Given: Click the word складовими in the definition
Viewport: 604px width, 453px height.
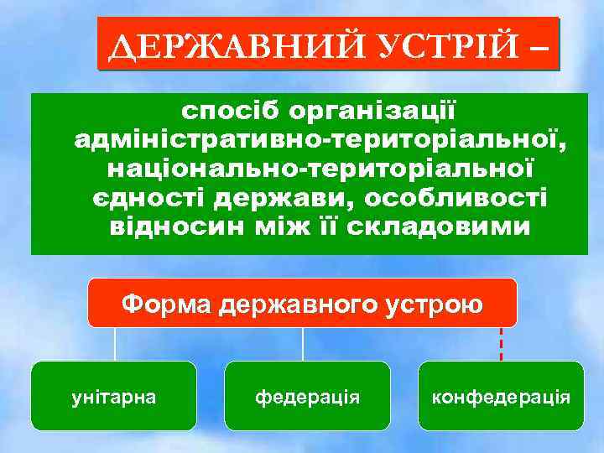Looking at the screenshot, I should (453, 227).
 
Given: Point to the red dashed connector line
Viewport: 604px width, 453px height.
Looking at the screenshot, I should (501, 344).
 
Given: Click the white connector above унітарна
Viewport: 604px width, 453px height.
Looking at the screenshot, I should (115, 344).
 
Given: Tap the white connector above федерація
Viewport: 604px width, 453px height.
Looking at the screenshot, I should (303, 344).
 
